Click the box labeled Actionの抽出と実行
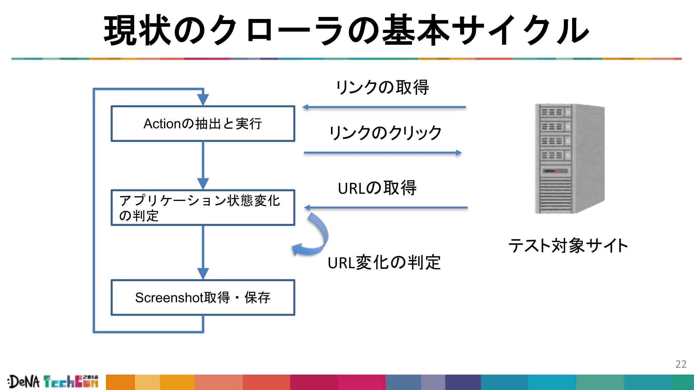point(203,124)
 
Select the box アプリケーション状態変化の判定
point(203,208)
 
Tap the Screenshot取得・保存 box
point(203,298)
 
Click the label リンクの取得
point(383,87)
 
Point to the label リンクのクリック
point(385,133)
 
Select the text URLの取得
point(377,188)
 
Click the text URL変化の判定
point(384,263)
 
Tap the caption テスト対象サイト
point(568,245)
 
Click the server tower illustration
point(570,158)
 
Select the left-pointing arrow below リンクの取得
point(384,107)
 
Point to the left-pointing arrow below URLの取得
point(386,208)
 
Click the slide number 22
point(681,364)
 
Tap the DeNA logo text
point(24,382)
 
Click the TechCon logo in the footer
point(71,382)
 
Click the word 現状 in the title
point(137,30)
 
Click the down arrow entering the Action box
point(203,99)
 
